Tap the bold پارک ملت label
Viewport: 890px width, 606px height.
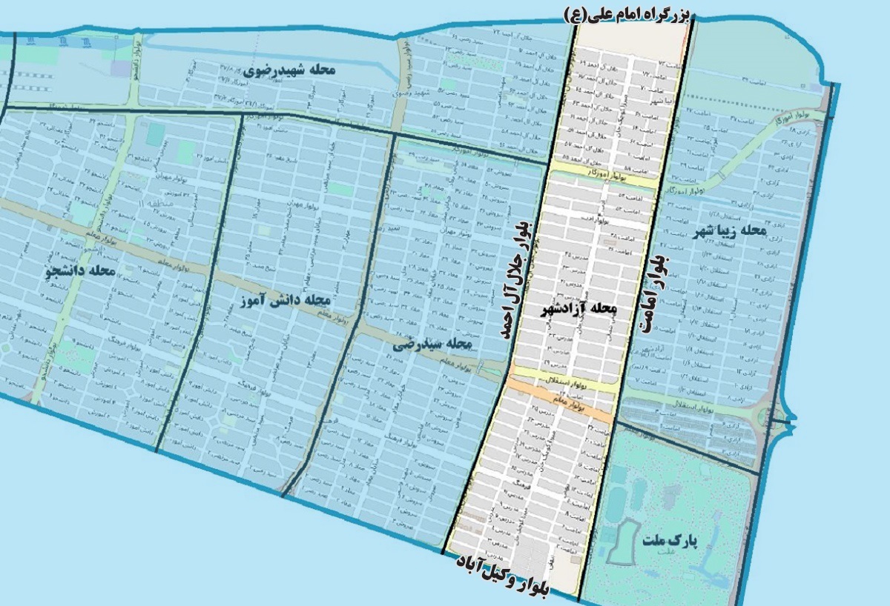pyautogui.click(x=671, y=542)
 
